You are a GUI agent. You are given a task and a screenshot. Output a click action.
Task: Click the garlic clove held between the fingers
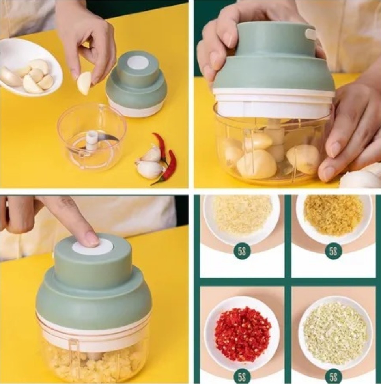pos(84,83)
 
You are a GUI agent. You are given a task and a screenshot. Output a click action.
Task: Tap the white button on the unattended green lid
pos(138,63)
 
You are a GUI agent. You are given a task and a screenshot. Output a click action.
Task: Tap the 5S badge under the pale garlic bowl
pos(242,251)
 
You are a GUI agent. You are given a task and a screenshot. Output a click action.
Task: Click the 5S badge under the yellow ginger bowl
pos(333,251)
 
